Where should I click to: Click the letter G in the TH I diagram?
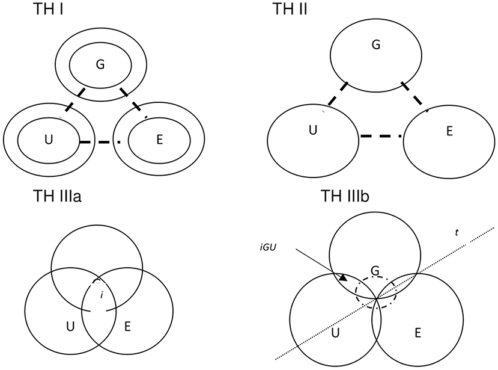tap(100, 66)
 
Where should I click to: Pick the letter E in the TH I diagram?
tap(159, 140)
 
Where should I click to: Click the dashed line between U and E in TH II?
tap(381, 137)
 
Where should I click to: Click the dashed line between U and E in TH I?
tap(99, 143)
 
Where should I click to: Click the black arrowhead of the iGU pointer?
tap(343, 277)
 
